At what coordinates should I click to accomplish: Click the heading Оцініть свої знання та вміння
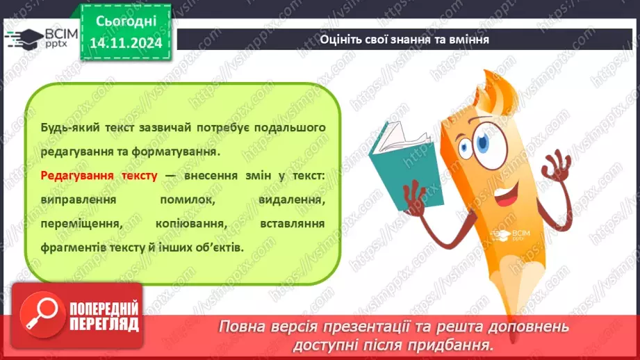pos(404,39)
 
